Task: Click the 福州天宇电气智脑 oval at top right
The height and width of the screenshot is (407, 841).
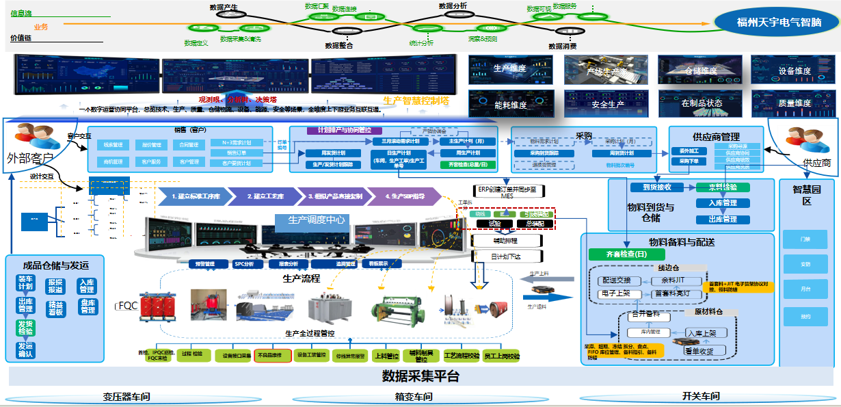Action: click(778, 22)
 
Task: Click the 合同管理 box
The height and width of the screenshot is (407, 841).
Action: click(189, 145)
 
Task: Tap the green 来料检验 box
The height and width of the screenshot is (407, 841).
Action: click(723, 187)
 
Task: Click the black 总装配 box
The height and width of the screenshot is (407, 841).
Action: click(530, 223)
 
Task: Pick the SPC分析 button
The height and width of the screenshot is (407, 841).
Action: click(243, 263)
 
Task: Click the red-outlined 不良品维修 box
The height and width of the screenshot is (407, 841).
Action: click(273, 356)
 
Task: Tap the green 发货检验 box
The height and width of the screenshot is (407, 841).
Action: click(25, 327)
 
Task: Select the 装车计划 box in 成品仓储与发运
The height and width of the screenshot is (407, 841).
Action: click(25, 283)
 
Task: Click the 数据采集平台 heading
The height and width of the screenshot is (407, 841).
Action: click(420, 376)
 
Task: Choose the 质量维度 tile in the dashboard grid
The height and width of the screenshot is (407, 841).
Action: click(795, 103)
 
